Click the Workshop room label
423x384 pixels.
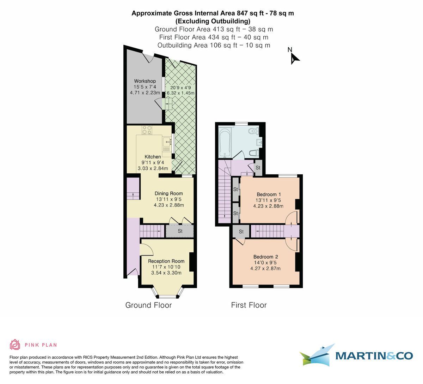point(145,81)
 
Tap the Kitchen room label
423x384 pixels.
point(153,157)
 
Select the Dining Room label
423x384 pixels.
point(169,193)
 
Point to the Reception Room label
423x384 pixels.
point(166,261)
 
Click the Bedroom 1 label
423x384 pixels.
point(269,194)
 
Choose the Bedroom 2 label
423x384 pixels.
point(265,257)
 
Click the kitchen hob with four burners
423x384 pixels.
point(147,130)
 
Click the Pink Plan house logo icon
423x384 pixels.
point(15,344)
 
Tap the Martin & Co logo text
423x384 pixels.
point(374,356)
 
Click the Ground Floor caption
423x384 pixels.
point(148,305)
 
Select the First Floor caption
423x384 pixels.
point(249,305)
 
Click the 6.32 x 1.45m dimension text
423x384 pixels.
point(181,93)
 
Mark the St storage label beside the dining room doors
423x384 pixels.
point(180,231)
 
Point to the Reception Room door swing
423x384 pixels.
point(147,250)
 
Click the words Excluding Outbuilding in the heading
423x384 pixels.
point(213,21)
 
